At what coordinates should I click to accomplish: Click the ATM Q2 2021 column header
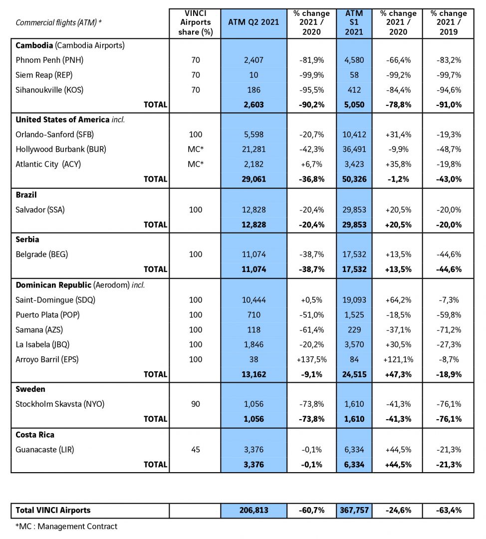click(253, 22)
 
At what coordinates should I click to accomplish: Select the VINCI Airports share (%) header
click(196, 22)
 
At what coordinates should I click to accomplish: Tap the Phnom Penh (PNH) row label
click(49, 60)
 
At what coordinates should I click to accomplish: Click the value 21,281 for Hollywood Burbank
click(253, 150)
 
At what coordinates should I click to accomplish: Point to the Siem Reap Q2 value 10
click(253, 75)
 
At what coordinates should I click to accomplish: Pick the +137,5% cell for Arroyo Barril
click(312, 359)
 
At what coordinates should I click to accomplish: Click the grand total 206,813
click(253, 511)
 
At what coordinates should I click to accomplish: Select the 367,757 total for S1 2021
click(354, 511)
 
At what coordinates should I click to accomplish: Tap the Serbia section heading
click(27, 240)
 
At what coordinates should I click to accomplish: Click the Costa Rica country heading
click(35, 435)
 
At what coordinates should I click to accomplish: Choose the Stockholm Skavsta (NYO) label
click(60, 404)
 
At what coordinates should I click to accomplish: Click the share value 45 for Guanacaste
click(196, 450)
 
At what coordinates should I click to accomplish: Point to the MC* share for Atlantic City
click(196, 164)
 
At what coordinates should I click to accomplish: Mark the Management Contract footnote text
click(66, 527)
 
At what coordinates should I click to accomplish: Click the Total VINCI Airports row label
click(53, 511)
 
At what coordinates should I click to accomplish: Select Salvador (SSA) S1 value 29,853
click(354, 210)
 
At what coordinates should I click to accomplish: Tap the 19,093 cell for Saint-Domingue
click(354, 300)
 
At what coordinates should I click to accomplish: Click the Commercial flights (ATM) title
click(58, 22)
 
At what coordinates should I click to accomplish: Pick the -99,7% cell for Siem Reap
click(449, 75)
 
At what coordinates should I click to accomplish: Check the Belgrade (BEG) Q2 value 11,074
click(253, 255)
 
